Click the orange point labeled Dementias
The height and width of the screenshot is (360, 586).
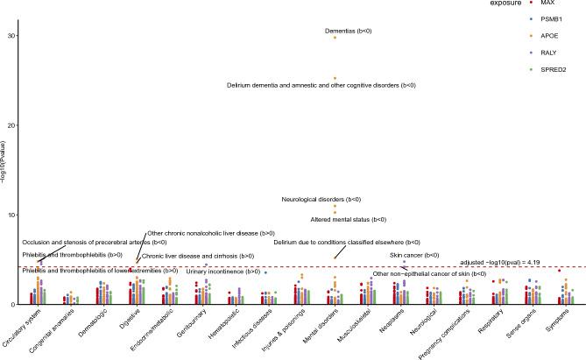(x=335, y=38)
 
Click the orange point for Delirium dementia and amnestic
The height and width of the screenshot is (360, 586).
(x=335, y=78)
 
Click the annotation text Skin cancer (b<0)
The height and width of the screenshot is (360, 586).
(x=414, y=255)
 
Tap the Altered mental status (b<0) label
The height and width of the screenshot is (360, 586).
(x=349, y=219)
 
